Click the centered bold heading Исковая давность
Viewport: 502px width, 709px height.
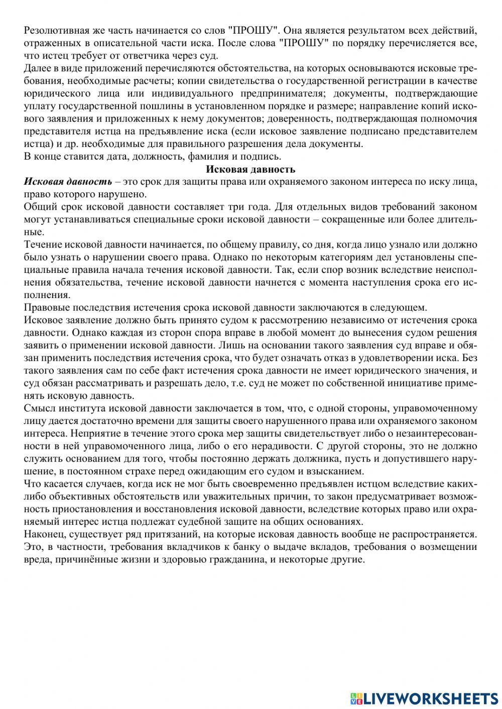tap(250, 169)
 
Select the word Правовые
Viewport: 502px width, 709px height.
tap(46, 308)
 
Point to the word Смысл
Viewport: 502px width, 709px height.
tap(38, 408)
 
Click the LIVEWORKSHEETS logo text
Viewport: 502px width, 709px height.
tap(431, 698)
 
